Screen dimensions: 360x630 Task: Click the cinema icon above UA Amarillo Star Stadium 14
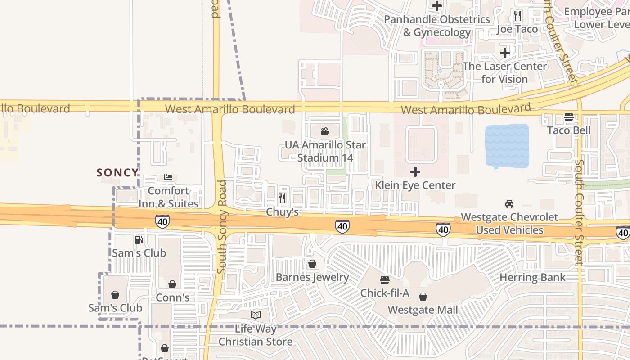pyautogui.click(x=325, y=131)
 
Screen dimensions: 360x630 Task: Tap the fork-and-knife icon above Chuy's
pyautogui.click(x=282, y=198)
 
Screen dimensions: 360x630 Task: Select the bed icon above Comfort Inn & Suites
pyautogui.click(x=168, y=177)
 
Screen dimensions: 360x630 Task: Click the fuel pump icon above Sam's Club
pyautogui.click(x=139, y=240)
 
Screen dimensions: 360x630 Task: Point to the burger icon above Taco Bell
pyautogui.click(x=569, y=117)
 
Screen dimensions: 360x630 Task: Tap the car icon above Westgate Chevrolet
pyautogui.click(x=509, y=204)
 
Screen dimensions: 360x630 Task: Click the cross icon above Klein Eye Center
pyautogui.click(x=415, y=172)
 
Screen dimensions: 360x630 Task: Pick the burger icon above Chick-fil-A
pyautogui.click(x=384, y=280)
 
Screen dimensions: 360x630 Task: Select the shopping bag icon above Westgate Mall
pyautogui.click(x=423, y=297)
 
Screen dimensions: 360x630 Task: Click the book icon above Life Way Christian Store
pyautogui.click(x=255, y=315)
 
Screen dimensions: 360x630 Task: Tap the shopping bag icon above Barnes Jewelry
pyautogui.click(x=312, y=264)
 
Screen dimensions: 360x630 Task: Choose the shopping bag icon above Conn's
pyautogui.click(x=172, y=284)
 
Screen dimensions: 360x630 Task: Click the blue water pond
pyautogui.click(x=507, y=146)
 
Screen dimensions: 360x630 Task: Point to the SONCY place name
pyautogui.click(x=117, y=173)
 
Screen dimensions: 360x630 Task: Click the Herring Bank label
pyautogui.click(x=532, y=277)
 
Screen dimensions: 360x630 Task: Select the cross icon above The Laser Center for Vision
pyautogui.click(x=505, y=53)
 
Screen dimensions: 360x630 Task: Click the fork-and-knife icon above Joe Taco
pyautogui.click(x=517, y=16)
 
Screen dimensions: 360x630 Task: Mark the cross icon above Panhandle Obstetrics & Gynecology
pyautogui.click(x=436, y=6)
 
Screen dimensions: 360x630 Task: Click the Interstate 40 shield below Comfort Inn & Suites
pyautogui.click(x=162, y=221)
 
